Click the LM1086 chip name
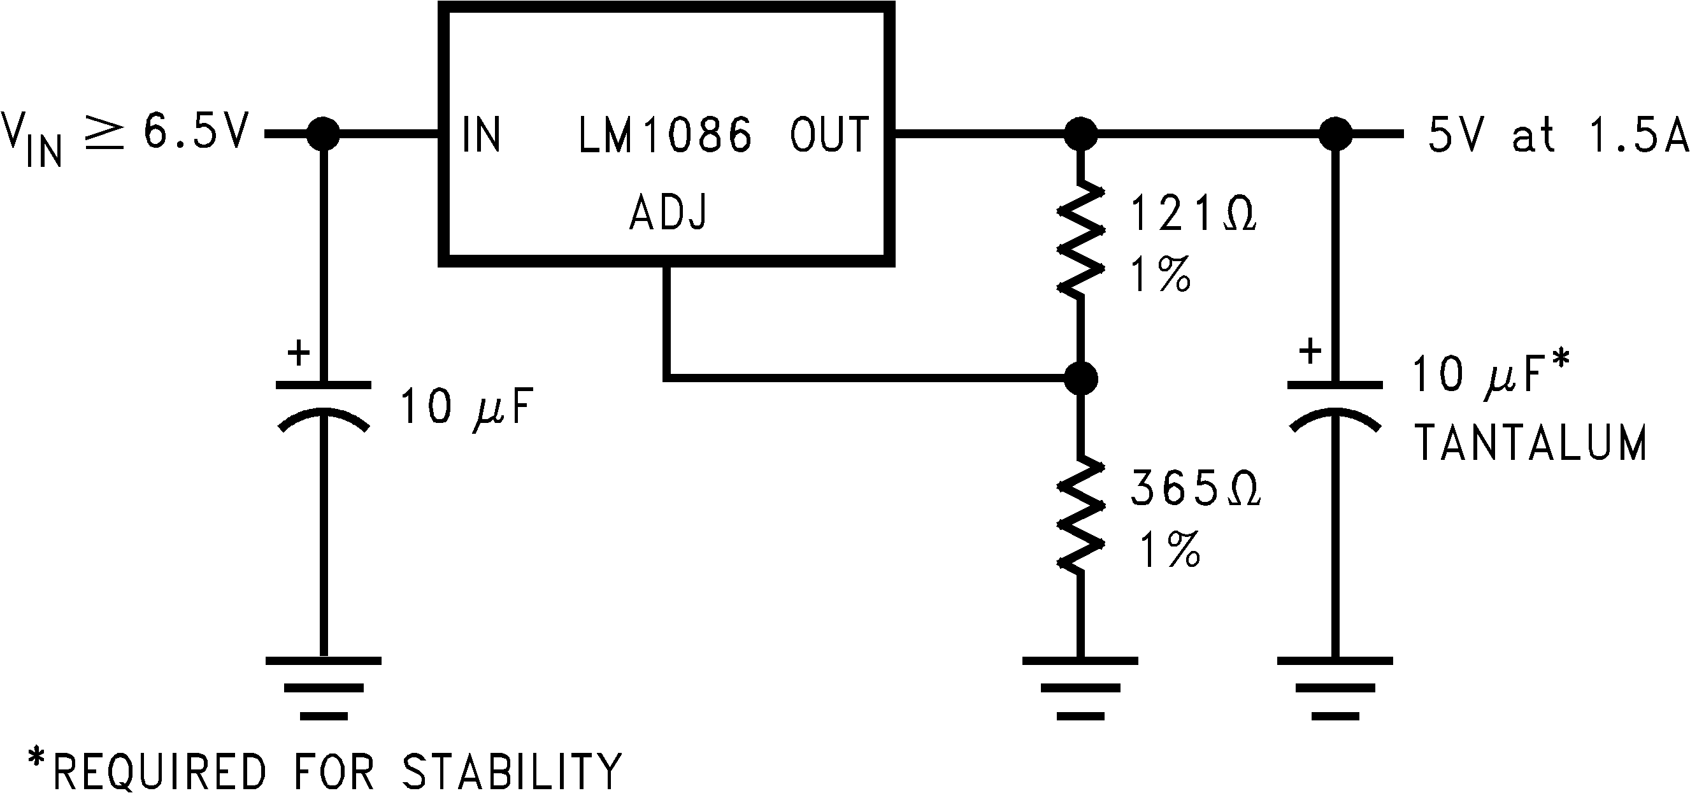664,135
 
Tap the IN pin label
481,135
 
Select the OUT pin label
829,135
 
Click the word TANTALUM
1530,443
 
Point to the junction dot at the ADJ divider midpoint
1079,378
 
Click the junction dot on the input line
323,134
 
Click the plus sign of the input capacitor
299,354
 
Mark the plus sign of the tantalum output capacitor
1310,352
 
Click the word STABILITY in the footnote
511,771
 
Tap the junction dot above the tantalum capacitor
1335,134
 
